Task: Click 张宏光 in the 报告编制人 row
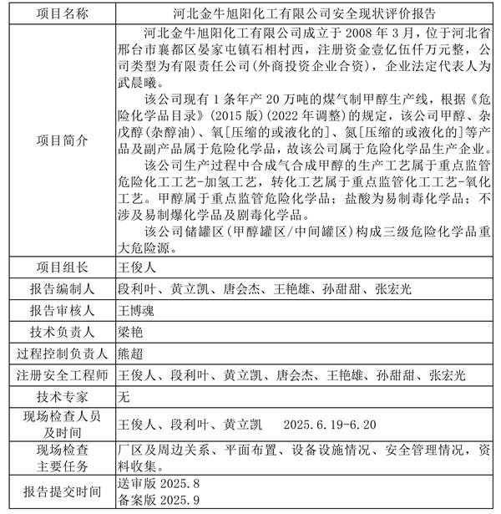390,289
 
